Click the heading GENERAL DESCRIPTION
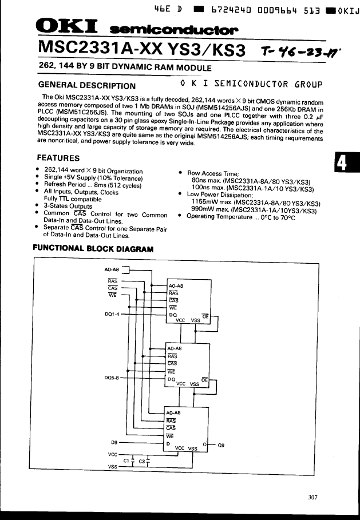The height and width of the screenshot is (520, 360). tap(86, 86)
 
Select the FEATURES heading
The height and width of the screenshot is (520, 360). tap(58, 158)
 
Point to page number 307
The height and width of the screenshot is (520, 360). tap(312, 497)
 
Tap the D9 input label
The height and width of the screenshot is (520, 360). tap(114, 442)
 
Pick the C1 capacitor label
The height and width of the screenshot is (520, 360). tap(127, 459)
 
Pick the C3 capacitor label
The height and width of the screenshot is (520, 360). tap(142, 459)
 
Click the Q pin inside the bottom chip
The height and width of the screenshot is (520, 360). tap(204, 443)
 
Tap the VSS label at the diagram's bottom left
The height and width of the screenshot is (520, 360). tap(113, 467)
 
